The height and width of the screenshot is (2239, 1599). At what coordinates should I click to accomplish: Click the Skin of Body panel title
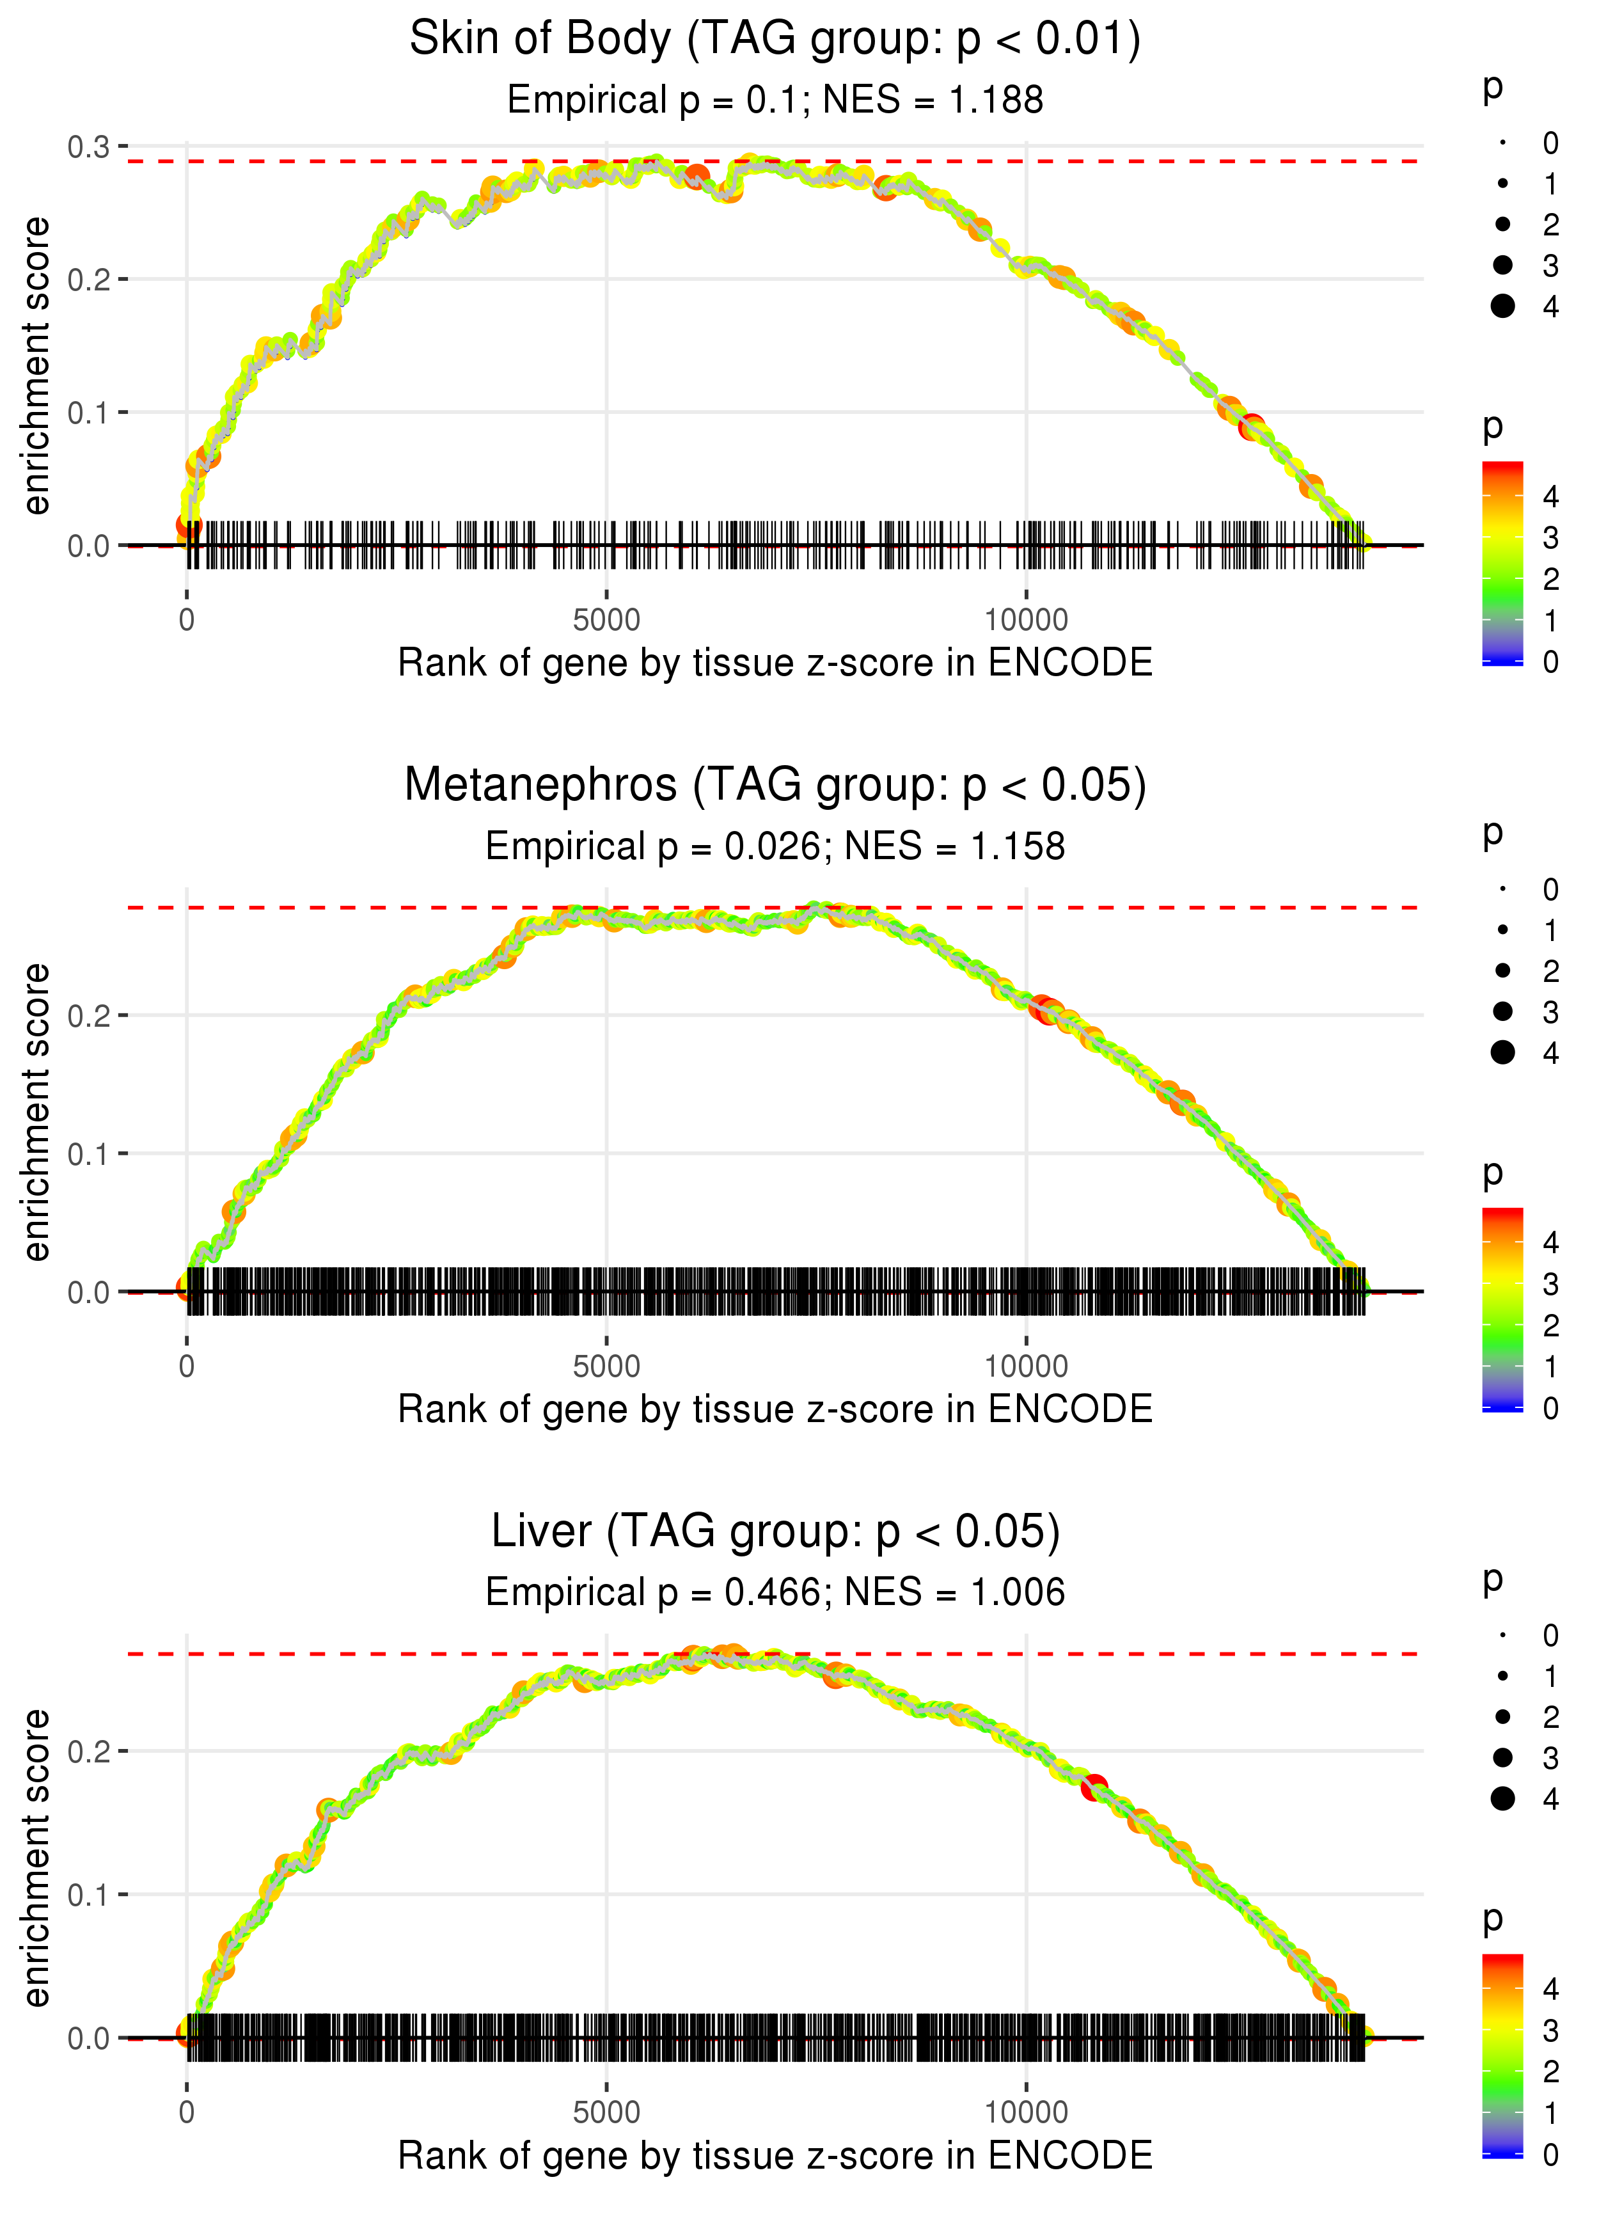tap(775, 40)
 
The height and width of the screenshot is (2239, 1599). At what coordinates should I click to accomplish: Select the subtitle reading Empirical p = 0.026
tap(775, 847)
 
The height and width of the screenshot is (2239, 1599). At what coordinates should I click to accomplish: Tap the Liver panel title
tap(775, 1532)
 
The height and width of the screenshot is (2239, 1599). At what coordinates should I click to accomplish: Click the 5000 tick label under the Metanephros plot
tap(606, 1366)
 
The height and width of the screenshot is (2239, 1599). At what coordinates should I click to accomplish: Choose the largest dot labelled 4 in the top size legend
tap(1502, 306)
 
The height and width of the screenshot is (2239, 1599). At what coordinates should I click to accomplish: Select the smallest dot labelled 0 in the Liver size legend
tap(1502, 1636)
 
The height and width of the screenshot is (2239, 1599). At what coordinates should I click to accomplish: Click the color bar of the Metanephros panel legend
tap(1502, 1309)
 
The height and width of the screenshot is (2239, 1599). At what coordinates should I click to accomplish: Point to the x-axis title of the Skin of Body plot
tap(775, 663)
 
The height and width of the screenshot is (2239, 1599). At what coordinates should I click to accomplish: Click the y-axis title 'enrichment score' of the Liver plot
tap(36, 1857)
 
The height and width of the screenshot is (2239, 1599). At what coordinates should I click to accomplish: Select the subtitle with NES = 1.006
tap(775, 1593)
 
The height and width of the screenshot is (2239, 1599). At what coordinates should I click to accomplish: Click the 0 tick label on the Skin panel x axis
tap(187, 621)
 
